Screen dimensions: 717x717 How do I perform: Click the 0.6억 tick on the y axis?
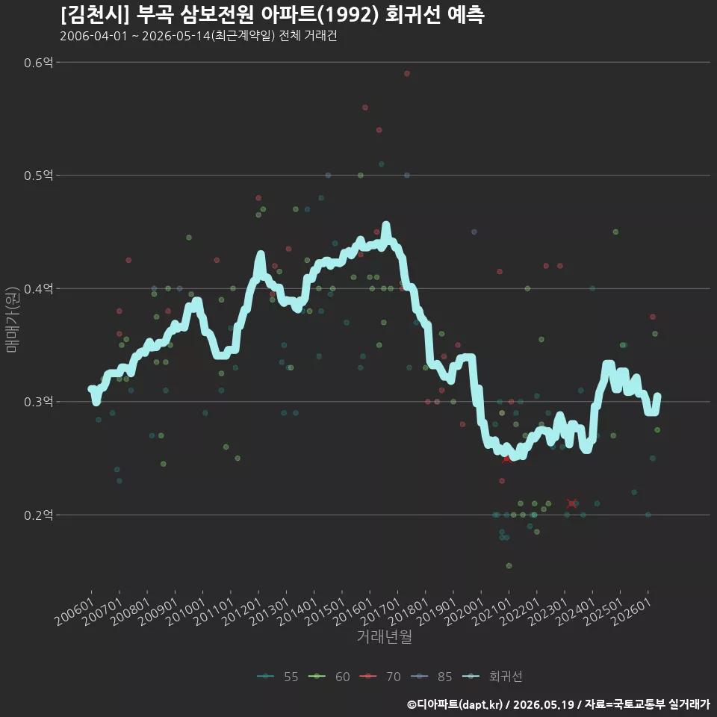point(38,62)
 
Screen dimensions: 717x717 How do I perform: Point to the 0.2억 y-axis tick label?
point(38,515)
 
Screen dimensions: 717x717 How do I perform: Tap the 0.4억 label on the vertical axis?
point(38,289)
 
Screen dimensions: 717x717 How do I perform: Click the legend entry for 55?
point(278,677)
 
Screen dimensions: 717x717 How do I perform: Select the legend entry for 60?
point(329,677)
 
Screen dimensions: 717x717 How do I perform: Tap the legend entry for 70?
point(380,677)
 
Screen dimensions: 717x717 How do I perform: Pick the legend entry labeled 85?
point(431,677)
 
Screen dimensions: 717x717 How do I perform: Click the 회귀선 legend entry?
point(492,677)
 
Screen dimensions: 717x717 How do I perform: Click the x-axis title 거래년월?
point(384,636)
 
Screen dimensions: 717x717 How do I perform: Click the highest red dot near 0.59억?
point(407,74)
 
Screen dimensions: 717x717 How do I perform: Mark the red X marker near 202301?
point(571,503)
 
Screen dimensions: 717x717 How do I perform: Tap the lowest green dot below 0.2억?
point(509,566)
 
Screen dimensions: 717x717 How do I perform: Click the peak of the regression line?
point(386,225)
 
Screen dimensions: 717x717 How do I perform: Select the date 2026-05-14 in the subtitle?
point(176,36)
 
